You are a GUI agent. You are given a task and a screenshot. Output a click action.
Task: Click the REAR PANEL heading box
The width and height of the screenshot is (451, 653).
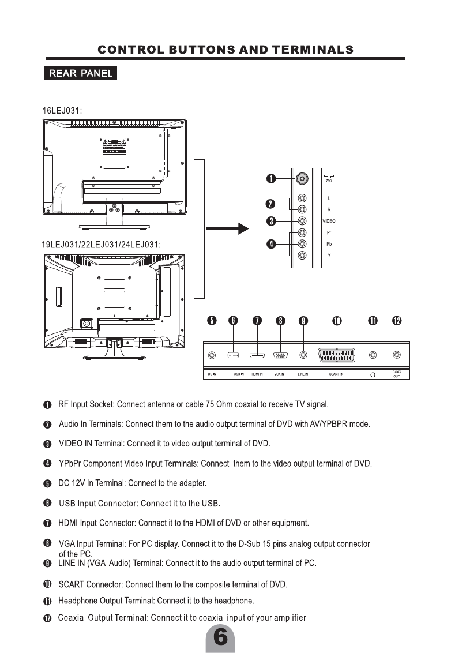[81, 73]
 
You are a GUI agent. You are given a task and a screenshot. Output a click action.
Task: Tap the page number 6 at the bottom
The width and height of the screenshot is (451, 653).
[220, 639]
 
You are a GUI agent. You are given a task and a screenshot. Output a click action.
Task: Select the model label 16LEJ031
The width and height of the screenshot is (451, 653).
[64, 110]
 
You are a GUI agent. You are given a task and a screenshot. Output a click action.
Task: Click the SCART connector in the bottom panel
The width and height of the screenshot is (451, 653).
[337, 355]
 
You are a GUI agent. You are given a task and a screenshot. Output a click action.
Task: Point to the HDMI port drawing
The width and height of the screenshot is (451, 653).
[257, 355]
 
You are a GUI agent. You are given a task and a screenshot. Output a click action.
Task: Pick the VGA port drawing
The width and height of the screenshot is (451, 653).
[280, 355]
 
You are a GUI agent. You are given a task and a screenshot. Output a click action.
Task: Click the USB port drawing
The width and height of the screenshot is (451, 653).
[233, 355]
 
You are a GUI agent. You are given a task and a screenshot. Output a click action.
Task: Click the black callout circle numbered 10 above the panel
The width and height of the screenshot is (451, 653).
[337, 321]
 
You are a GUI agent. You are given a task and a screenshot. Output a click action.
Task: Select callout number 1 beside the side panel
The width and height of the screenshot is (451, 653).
[270, 179]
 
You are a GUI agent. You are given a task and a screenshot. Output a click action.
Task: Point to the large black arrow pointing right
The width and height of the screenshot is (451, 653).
[227, 229]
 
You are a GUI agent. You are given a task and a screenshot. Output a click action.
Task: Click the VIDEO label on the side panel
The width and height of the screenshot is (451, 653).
[329, 221]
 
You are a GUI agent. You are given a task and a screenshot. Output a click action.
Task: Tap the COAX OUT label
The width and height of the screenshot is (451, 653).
[397, 374]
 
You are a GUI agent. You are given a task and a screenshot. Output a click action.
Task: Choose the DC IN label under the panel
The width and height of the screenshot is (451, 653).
[211, 374]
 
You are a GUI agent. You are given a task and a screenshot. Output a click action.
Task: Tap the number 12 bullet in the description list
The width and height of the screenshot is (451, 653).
[47, 618]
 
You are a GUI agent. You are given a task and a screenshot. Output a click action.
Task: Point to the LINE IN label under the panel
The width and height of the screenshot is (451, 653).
[303, 374]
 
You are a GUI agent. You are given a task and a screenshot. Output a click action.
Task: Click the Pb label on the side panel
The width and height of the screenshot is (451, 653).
[329, 243]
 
